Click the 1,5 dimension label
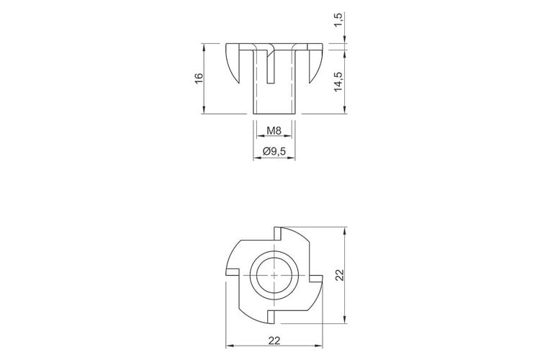coord(339,21)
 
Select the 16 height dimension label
coord(199,79)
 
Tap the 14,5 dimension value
coord(338,81)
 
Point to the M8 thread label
coord(274,131)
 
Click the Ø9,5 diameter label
coord(274,151)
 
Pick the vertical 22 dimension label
coord(340,275)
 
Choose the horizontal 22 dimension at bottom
coord(274,341)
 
